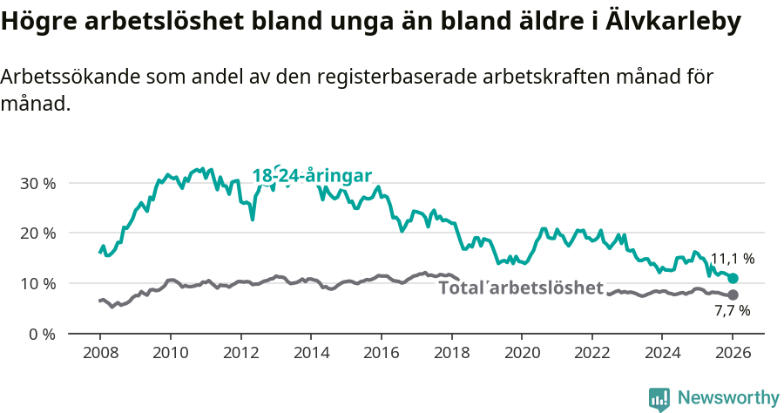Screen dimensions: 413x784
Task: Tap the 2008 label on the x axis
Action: [99, 354]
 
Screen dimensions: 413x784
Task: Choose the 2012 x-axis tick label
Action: [240, 354]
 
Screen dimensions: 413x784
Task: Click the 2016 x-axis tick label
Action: [381, 354]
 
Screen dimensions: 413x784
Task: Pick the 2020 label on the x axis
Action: [521, 354]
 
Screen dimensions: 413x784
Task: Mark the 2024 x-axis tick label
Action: [661, 354]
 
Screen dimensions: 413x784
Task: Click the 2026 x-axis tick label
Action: [732, 354]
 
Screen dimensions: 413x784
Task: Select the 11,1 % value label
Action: [732, 259]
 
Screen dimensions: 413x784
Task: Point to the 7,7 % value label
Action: [732, 310]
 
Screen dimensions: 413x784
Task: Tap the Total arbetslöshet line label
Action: [521, 288]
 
